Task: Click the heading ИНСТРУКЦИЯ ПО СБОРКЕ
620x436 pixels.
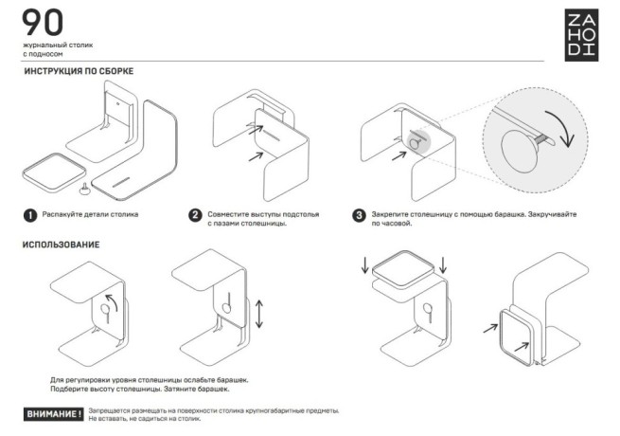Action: pos(78,72)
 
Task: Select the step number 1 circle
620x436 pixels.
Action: pos(30,215)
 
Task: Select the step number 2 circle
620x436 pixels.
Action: pos(196,215)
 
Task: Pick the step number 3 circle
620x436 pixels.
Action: pos(359,215)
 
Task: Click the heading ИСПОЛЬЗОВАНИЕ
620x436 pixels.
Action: pos(61,245)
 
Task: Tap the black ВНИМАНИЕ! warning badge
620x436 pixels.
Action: pos(53,414)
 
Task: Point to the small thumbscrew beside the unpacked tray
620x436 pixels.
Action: pos(86,186)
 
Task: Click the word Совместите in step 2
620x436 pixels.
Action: pos(231,214)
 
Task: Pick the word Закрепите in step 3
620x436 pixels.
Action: pos(393,214)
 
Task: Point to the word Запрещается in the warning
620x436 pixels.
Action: pos(112,410)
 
